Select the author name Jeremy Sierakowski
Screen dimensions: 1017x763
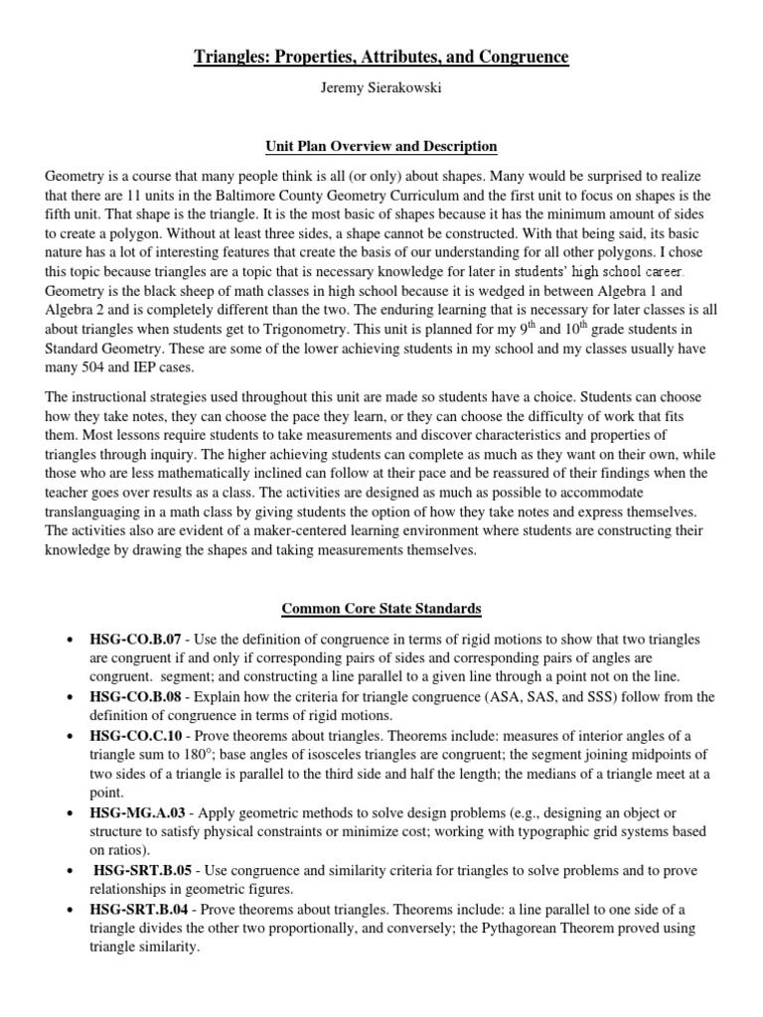381,88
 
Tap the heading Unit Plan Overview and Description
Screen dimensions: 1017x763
381,146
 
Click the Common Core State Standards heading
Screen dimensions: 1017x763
381,608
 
